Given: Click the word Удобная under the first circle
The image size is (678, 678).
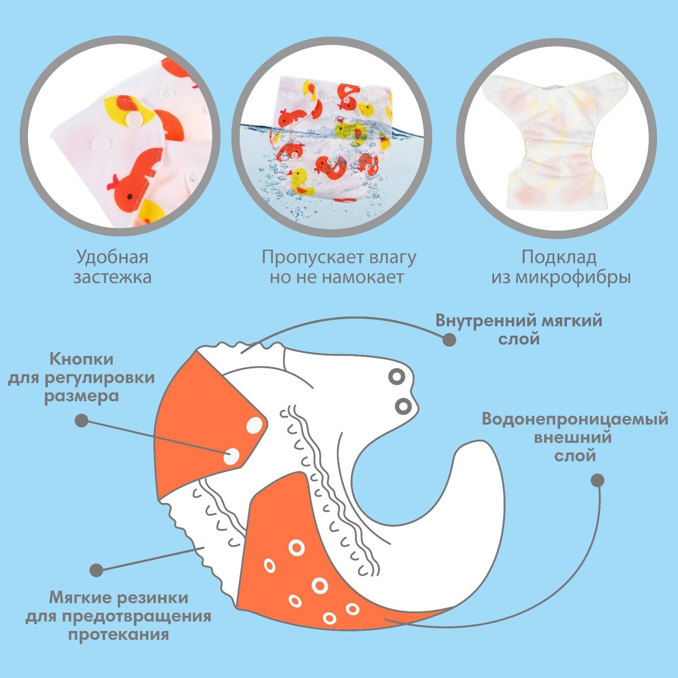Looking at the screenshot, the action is [112, 258].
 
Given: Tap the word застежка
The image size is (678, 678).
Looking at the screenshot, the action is [112, 277].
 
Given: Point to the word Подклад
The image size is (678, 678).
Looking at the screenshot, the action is [559, 258].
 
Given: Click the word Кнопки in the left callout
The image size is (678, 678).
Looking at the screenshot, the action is [81, 359].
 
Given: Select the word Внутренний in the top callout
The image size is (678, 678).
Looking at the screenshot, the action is [484, 321].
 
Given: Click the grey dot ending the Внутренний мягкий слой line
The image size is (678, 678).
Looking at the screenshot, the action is [449, 340].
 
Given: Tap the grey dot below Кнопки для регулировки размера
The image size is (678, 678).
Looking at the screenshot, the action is [81, 420].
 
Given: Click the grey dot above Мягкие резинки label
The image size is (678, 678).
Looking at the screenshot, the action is [96, 570].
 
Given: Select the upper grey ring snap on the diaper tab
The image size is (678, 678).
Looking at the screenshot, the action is [397, 377].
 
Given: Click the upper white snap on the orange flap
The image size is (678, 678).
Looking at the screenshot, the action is [254, 425].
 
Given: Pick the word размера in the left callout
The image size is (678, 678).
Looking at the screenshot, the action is [81, 397].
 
